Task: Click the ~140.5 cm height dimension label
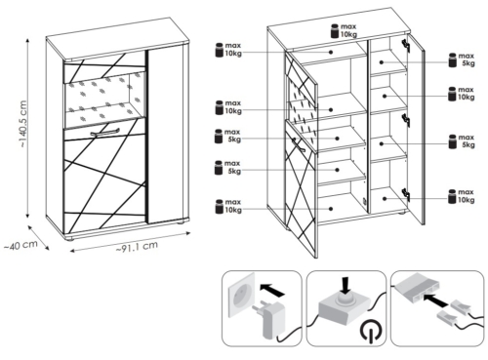click(23, 124)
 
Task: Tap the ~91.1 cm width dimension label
click(137, 247)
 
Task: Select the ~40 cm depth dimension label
click(20, 245)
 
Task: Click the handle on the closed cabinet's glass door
click(103, 133)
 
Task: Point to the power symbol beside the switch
click(371, 330)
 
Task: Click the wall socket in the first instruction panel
click(241, 295)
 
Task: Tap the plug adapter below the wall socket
click(266, 319)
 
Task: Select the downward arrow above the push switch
click(346, 285)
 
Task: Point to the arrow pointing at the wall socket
click(272, 289)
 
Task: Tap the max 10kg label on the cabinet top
click(344, 31)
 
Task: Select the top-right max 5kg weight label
click(462, 60)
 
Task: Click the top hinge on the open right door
click(406, 45)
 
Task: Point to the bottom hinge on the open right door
click(406, 194)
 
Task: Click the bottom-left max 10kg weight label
click(228, 206)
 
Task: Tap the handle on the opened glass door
click(297, 144)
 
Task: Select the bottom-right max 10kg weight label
click(462, 196)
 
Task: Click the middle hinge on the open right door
click(406, 120)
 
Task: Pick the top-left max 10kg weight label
click(228, 50)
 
